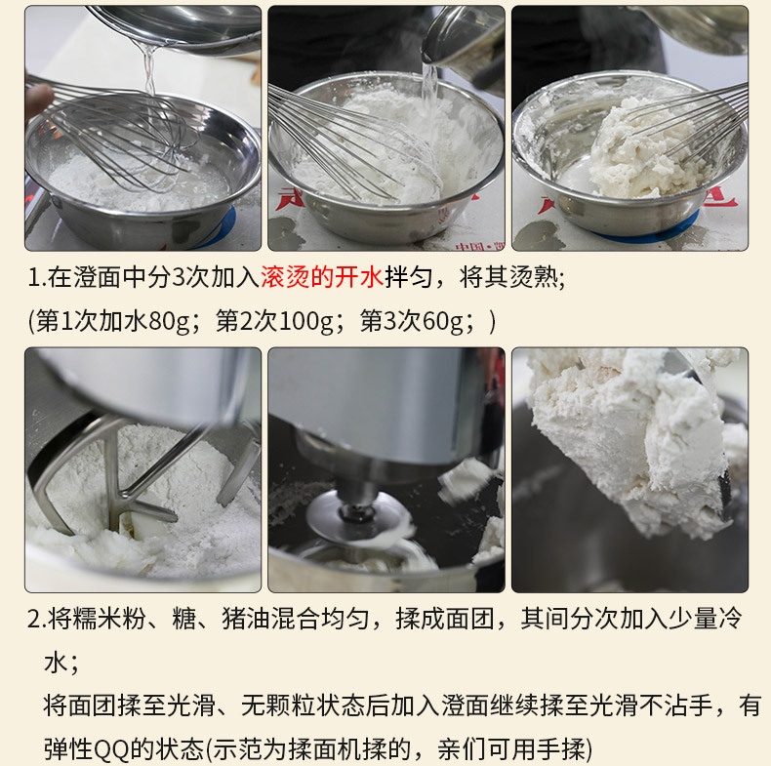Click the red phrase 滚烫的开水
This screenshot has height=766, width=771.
click(x=322, y=277)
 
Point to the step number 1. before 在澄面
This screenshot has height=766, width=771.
click(x=37, y=278)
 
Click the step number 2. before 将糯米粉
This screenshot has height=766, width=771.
click(x=37, y=619)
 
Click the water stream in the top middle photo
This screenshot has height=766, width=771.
click(x=428, y=94)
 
